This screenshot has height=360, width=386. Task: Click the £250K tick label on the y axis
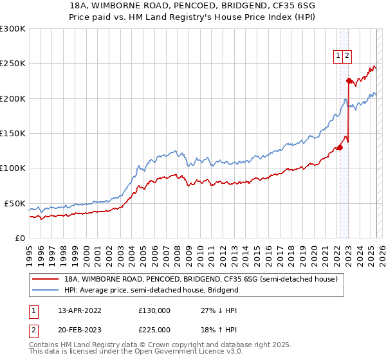click(x=13, y=64)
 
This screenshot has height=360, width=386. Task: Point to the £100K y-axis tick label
click(x=13, y=168)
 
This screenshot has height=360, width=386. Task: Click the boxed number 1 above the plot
click(x=338, y=56)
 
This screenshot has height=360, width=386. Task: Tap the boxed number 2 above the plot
click(x=347, y=56)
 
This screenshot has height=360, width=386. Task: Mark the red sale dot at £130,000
click(x=340, y=147)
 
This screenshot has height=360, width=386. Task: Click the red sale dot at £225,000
click(x=349, y=81)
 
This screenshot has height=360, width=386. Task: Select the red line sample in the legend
click(x=46, y=279)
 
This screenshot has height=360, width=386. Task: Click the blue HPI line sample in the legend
click(x=46, y=290)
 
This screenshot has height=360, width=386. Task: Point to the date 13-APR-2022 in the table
click(x=80, y=310)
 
